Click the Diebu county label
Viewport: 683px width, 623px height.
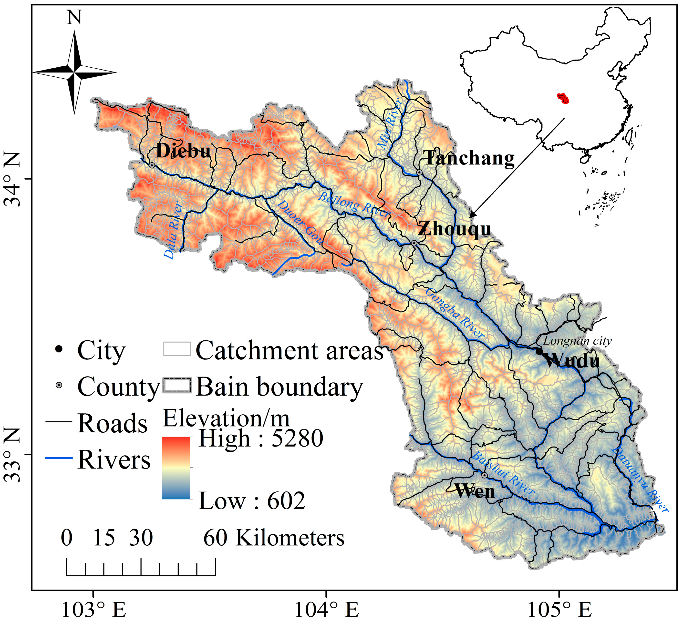coord(183,151)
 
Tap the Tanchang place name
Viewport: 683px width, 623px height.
coord(469,158)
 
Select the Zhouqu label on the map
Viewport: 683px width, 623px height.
coord(454,229)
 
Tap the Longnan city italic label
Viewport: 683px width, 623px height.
coord(577,341)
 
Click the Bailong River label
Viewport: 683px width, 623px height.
coord(354,204)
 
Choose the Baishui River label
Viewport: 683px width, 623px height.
coord(503,473)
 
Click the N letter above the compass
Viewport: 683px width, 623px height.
coord(74,17)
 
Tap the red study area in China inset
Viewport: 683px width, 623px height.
coord(563,98)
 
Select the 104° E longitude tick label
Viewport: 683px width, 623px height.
coord(326,610)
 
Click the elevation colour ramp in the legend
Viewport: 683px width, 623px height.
coord(176,468)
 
